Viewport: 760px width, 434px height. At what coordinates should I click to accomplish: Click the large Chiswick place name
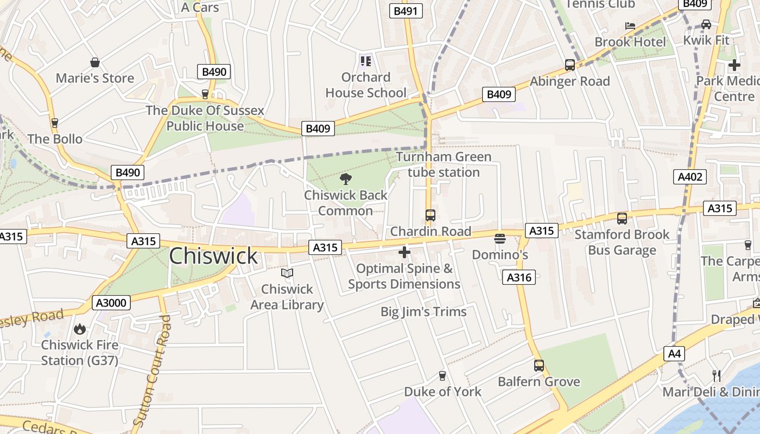click(213, 256)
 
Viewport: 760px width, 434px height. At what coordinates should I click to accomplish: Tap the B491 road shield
click(406, 11)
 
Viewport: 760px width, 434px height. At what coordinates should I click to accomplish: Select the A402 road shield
click(691, 176)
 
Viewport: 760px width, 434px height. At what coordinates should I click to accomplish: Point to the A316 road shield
click(519, 277)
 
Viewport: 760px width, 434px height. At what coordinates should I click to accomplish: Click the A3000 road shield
click(111, 303)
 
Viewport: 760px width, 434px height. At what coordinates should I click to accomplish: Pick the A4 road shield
click(674, 354)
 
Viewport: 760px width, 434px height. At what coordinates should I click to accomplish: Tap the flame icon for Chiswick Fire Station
click(80, 329)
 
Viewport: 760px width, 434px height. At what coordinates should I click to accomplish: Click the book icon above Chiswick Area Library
click(287, 273)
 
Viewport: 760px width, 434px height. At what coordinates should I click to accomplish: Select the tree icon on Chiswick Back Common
click(345, 179)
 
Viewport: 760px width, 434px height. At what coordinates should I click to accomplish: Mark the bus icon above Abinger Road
click(570, 65)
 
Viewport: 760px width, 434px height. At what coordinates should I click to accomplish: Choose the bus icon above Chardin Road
click(430, 215)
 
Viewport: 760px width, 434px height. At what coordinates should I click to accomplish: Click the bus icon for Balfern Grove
click(539, 366)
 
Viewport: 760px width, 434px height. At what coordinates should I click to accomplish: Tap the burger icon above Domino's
click(500, 239)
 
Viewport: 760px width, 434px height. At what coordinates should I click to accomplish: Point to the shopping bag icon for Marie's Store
click(95, 62)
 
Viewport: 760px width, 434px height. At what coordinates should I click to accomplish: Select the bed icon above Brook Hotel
click(630, 25)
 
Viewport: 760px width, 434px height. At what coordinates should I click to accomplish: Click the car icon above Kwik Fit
click(706, 24)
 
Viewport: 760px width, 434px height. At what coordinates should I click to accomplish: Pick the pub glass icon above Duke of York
click(442, 376)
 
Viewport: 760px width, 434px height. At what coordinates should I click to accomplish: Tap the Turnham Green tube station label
click(444, 164)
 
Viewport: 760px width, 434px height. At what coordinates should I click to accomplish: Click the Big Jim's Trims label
click(423, 312)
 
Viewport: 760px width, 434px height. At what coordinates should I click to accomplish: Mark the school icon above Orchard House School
click(366, 61)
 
